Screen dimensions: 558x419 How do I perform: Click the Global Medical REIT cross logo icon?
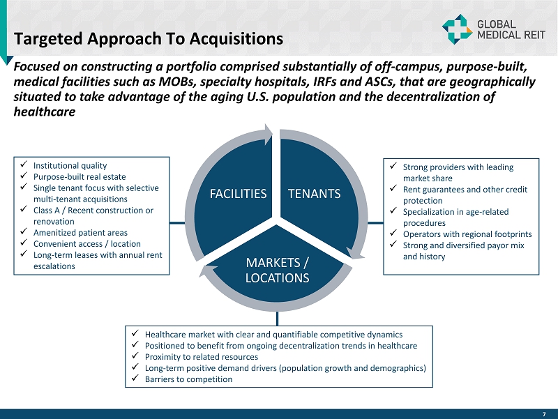point(457,29)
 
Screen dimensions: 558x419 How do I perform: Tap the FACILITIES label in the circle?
point(238,194)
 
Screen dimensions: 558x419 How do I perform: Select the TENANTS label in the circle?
point(315,194)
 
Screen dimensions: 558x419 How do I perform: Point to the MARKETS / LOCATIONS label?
point(277,271)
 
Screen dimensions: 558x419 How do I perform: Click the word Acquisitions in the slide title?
point(236,39)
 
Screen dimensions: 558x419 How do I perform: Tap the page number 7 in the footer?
point(544,414)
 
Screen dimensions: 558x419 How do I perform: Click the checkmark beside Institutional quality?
point(24,165)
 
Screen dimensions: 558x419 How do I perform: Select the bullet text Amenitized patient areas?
point(80,233)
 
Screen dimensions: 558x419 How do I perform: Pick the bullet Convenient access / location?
point(86,244)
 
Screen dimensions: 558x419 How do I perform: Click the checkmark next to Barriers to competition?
point(135,378)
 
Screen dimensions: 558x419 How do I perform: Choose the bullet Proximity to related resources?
point(202,357)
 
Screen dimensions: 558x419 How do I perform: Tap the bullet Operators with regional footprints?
point(467,234)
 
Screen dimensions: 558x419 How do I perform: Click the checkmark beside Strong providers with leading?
point(393,166)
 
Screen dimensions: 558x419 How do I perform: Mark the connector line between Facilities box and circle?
point(177,223)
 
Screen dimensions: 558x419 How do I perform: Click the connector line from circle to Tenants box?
point(375,223)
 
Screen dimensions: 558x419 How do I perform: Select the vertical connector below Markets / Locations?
point(277,319)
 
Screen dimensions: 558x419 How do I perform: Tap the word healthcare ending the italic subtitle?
point(45,112)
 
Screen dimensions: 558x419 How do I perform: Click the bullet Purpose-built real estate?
point(80,177)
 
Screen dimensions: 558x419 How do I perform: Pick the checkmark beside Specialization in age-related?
point(393,211)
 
